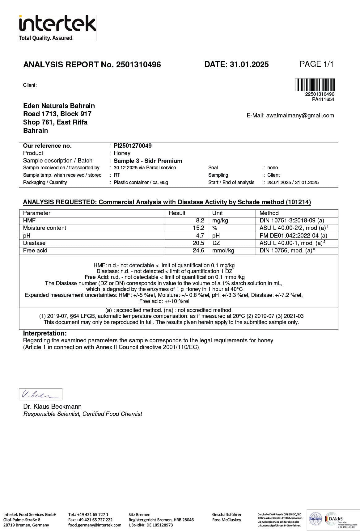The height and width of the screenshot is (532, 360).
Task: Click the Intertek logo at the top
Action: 57,28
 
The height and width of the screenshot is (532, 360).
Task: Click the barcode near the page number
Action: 315,85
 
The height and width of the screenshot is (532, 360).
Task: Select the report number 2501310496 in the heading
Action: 138,65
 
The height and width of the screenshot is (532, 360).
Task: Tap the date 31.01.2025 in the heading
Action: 249,64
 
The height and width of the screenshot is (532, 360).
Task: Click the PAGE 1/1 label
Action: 316,64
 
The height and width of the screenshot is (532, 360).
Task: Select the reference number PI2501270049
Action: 133,146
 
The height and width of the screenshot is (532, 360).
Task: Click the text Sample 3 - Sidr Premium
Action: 148,161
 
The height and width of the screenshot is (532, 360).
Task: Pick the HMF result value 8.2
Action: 200,221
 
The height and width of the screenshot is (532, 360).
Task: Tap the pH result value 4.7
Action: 200,235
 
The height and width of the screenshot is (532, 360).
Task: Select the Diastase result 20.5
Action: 198,243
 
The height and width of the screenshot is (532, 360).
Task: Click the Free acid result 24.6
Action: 198,251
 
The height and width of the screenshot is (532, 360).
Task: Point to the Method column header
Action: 269,213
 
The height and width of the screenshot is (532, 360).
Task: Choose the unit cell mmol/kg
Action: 223,251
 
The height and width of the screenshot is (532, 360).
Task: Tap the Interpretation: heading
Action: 45,333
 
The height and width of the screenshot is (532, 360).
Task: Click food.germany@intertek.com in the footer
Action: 95,525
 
